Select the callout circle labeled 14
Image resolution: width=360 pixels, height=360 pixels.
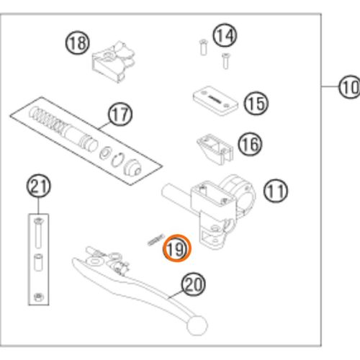225,35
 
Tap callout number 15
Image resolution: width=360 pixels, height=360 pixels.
256,104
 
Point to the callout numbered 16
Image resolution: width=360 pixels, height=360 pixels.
250,144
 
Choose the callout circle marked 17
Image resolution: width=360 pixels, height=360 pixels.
120,114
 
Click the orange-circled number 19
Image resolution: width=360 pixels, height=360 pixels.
177,248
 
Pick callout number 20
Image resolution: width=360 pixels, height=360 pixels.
194,284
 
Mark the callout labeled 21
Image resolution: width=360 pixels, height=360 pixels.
38,186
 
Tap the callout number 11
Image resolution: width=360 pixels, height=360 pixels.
276,191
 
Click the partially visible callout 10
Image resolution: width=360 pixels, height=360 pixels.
349,86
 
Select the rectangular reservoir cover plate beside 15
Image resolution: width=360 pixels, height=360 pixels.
215,100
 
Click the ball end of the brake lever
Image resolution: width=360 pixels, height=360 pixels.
197,325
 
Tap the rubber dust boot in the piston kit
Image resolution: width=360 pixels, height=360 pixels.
132,166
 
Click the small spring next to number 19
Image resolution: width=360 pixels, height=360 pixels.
156,240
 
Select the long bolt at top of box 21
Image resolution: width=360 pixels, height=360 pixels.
38,233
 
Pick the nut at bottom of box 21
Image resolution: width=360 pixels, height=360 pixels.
38,297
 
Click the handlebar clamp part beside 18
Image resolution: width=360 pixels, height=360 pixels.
113,61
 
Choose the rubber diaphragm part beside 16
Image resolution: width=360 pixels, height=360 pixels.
215,149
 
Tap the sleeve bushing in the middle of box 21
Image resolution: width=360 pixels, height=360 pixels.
38,262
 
